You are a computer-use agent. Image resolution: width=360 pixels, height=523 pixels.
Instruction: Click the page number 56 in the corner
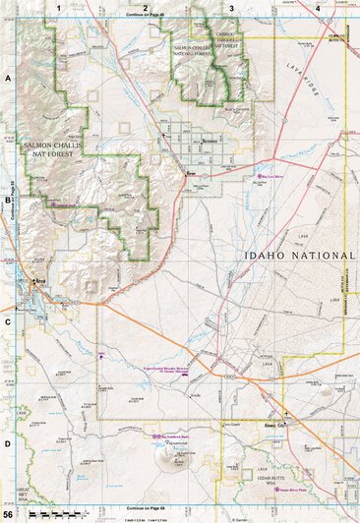(x=8, y=514)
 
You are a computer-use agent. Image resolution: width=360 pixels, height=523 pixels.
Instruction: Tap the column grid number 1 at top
(x=59, y=8)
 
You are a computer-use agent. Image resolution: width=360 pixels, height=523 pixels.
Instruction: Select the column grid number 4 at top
(x=317, y=8)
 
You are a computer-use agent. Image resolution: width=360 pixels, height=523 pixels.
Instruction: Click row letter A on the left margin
(x=8, y=76)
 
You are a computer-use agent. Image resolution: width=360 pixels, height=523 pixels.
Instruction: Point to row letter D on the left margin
(x=8, y=442)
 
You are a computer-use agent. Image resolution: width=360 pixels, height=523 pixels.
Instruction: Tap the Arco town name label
(x=41, y=281)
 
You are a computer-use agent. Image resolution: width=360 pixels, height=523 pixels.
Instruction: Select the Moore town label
(x=193, y=174)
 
